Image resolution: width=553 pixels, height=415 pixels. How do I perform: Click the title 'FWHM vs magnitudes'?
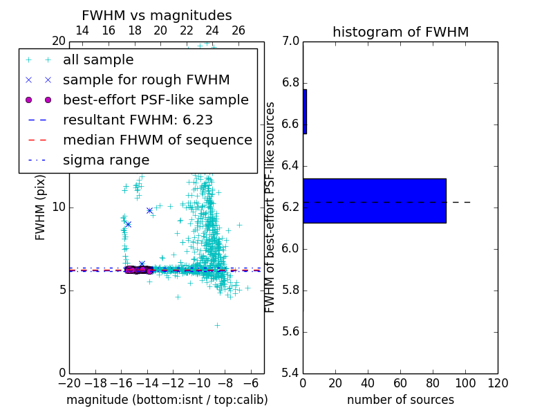click(x=156, y=15)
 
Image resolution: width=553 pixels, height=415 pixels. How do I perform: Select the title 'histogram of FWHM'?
click(x=400, y=32)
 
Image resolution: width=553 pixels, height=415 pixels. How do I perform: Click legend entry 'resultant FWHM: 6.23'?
click(x=138, y=120)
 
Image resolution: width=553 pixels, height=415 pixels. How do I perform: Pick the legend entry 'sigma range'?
click(x=106, y=160)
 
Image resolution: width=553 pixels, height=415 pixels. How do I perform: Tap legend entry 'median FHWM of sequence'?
click(x=157, y=140)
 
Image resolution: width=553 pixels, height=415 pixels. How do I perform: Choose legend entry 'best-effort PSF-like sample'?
click(x=156, y=100)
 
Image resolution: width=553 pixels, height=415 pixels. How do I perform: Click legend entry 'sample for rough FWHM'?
click(x=146, y=80)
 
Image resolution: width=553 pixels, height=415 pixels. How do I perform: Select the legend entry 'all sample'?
click(x=98, y=60)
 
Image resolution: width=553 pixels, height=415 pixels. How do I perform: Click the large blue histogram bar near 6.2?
click(x=374, y=201)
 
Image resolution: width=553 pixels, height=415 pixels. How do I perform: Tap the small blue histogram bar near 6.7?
click(x=305, y=111)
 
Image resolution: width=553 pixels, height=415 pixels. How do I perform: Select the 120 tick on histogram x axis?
click(x=498, y=383)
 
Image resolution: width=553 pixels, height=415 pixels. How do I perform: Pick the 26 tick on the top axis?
click(x=238, y=30)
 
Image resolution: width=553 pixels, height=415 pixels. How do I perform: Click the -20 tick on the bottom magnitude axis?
click(x=69, y=383)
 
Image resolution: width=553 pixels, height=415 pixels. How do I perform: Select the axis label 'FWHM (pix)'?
click(x=41, y=207)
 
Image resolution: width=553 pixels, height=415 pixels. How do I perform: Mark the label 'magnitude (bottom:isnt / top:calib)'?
click(x=167, y=400)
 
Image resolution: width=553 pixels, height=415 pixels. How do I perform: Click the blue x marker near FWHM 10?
click(x=149, y=210)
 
